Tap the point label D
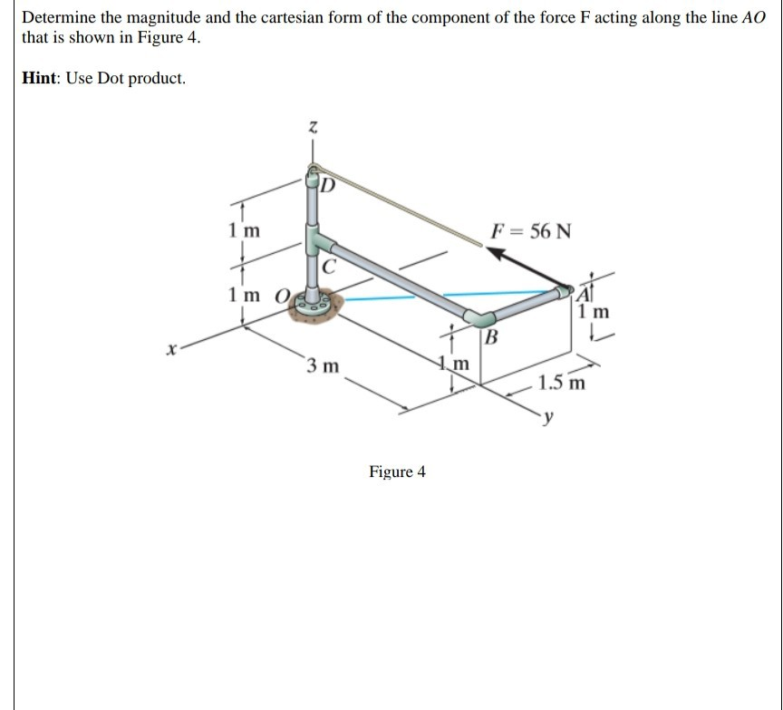(328, 187)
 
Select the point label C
(330, 267)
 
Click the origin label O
(282, 296)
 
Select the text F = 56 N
(531, 229)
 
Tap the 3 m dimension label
(323, 366)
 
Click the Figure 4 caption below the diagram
(397, 472)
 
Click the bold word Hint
(43, 78)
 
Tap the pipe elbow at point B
(480, 317)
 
